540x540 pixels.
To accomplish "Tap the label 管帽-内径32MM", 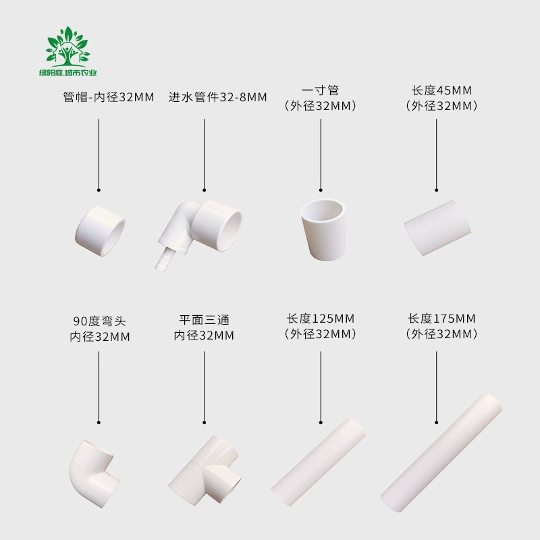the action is point(109,97).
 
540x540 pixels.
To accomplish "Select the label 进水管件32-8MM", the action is point(217,97).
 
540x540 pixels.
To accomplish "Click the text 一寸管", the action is point(320,90).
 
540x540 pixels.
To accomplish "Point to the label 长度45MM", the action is point(442,90).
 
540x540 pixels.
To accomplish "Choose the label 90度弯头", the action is point(99,321).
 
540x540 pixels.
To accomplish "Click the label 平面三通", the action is point(205,320).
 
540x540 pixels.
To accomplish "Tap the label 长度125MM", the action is point(321,319).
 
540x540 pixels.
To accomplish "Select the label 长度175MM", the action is point(442,319).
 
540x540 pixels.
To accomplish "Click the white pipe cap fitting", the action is point(100,231).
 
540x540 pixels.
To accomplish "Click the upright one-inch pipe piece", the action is point(323,230).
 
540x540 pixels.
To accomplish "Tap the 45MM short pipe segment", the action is point(437,227).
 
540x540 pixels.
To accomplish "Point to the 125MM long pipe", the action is point(319,462).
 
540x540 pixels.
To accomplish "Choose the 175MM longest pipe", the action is point(441,453).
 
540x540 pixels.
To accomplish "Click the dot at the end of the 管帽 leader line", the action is point(99,190).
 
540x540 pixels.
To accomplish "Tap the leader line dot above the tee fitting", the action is point(205,423).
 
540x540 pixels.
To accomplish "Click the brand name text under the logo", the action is point(68,73).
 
